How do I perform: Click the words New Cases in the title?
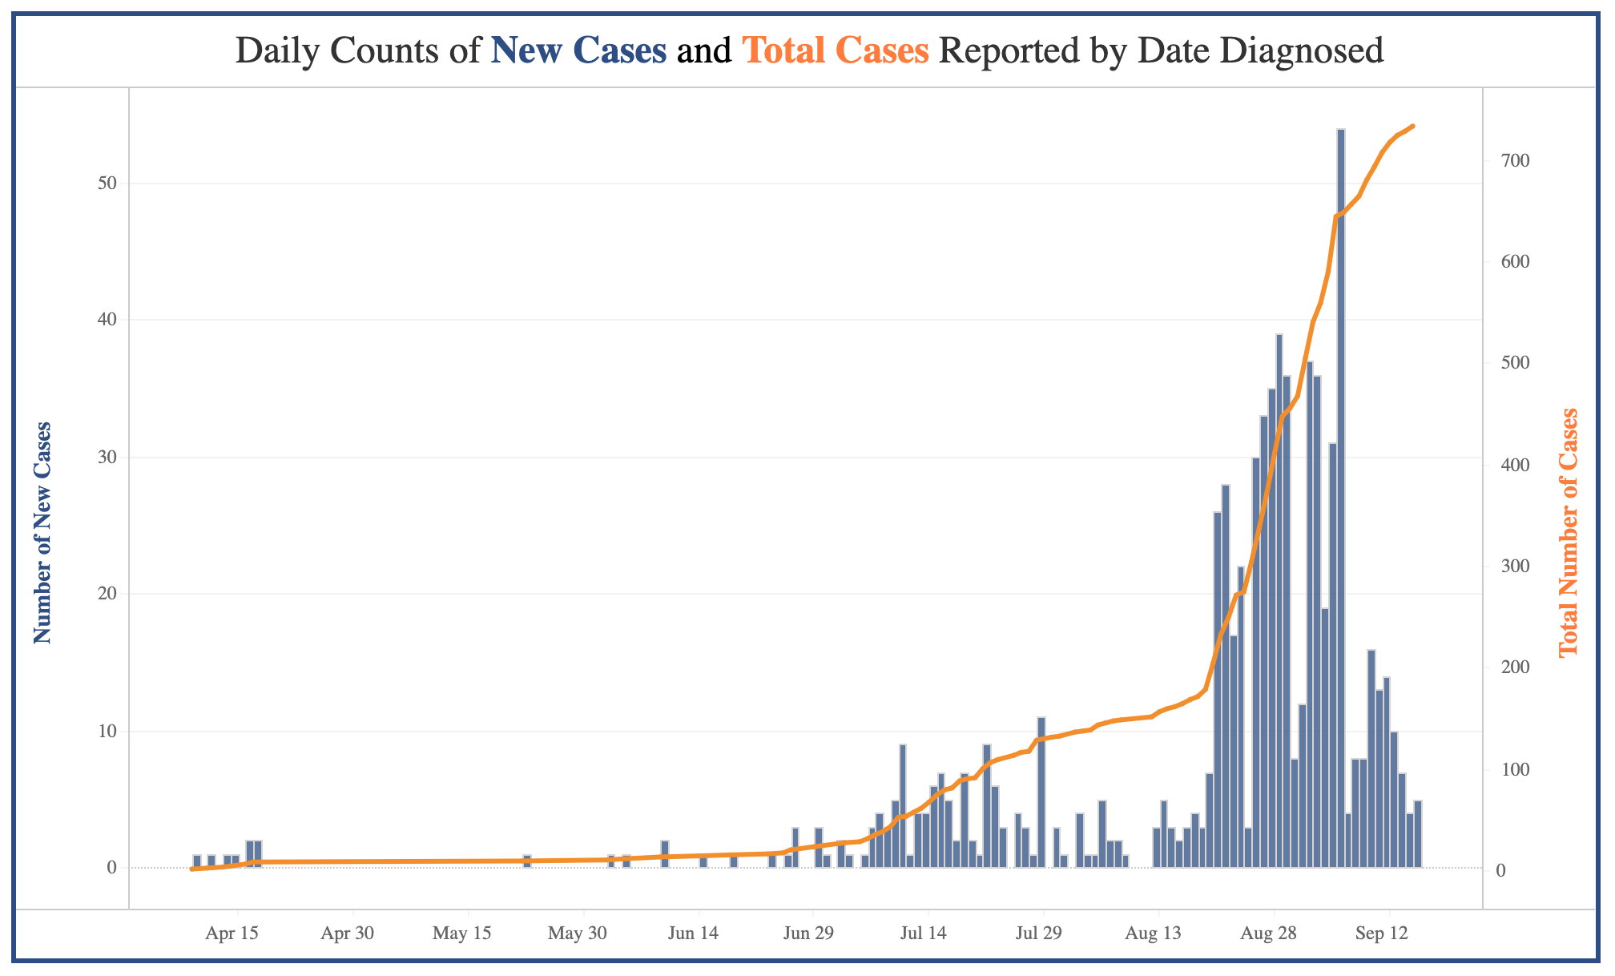[x=578, y=51]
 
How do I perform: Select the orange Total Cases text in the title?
[x=836, y=51]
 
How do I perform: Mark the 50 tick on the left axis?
[x=107, y=184]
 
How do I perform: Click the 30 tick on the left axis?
[x=107, y=458]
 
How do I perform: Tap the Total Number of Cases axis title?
[x=1569, y=533]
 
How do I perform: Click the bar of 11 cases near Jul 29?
[x=1041, y=793]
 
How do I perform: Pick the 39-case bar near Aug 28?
[x=1279, y=601]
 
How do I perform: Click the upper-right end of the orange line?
[x=1412, y=126]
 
